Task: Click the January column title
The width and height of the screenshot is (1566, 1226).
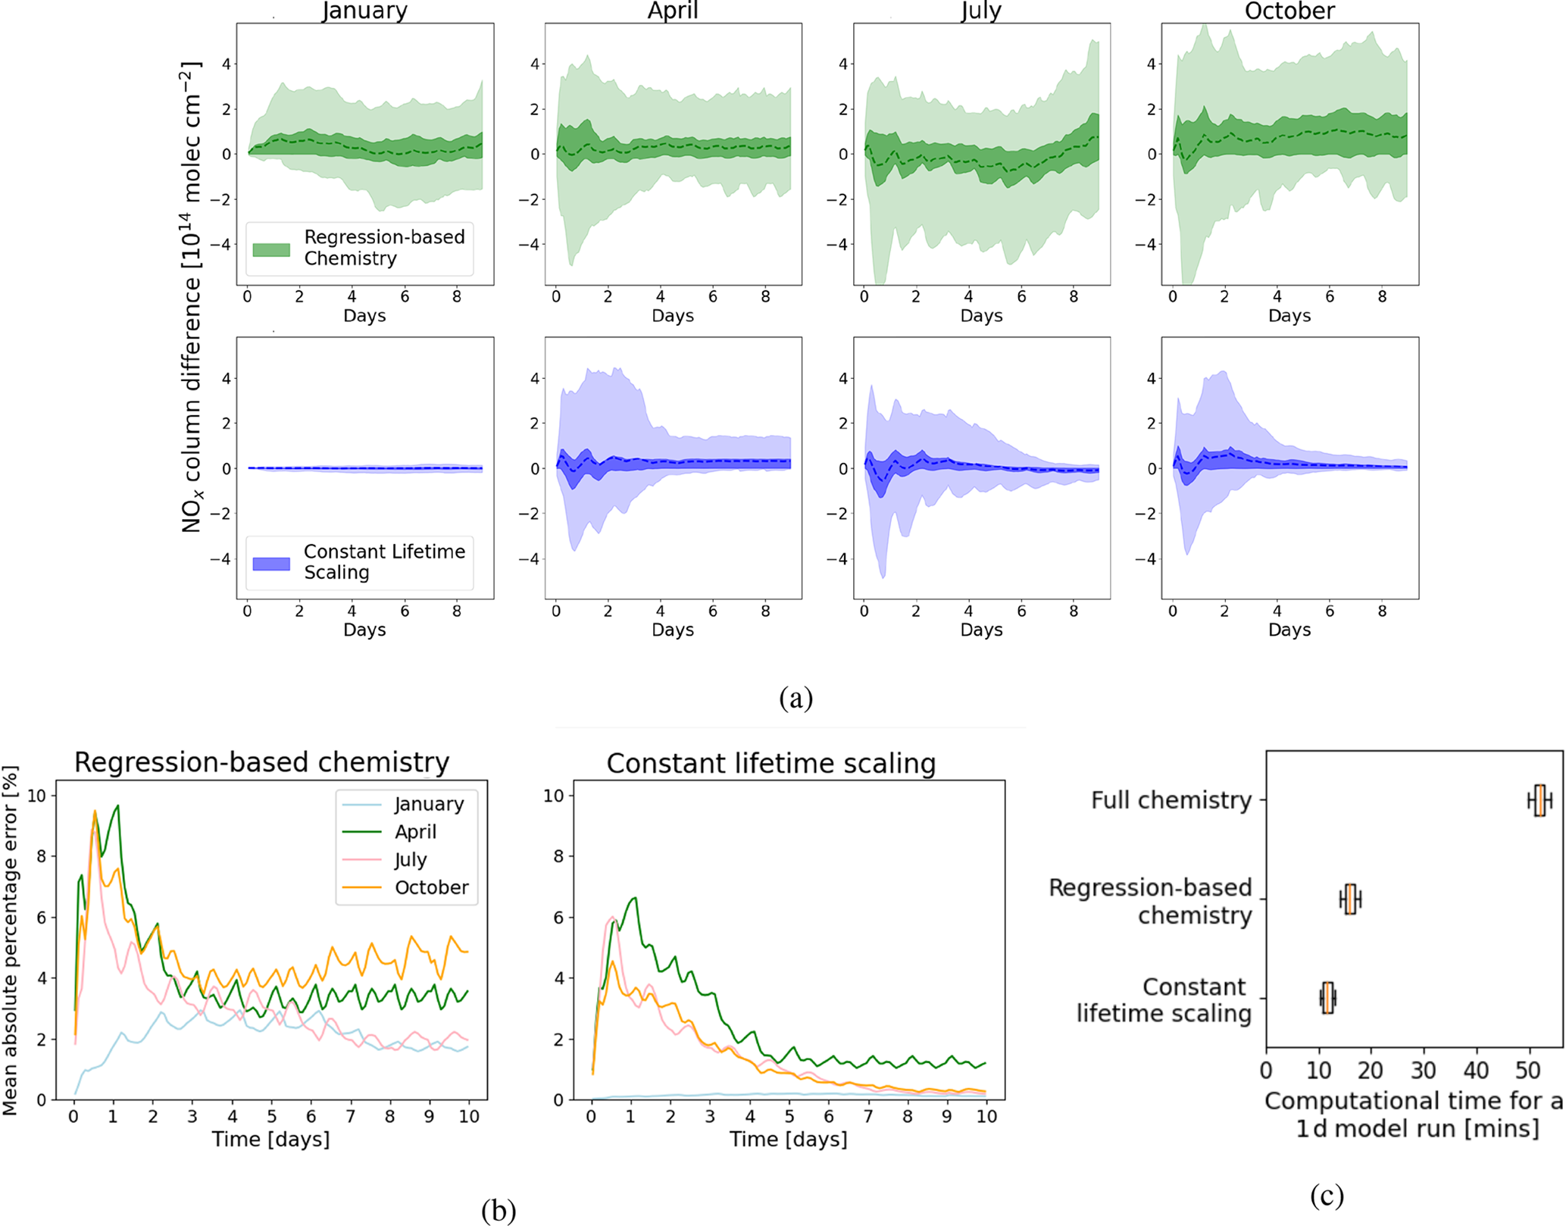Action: point(364,11)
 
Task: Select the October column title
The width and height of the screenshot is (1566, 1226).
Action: point(1289,11)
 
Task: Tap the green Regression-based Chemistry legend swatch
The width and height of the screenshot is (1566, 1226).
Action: point(271,249)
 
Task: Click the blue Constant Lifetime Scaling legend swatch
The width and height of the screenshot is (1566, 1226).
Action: point(271,564)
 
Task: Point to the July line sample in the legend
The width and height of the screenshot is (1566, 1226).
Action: point(361,859)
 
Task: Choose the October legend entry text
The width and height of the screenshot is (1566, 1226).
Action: point(431,887)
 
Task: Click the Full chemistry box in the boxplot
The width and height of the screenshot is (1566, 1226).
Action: point(1539,800)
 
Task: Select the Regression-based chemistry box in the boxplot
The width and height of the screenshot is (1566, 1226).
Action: point(1350,899)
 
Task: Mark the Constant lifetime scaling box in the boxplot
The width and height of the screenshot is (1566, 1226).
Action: point(1327,998)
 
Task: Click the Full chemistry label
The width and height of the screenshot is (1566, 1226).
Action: point(1171,800)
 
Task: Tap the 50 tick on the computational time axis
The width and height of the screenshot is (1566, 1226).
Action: point(1528,1070)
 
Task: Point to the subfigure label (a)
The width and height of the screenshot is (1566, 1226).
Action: point(796,697)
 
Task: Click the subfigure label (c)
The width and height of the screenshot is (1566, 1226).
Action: point(1327,1195)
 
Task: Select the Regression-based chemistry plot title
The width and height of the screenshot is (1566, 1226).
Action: point(261,762)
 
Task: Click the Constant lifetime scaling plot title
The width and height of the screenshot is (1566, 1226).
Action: point(771,764)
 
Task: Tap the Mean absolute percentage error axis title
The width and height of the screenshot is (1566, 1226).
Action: point(10,940)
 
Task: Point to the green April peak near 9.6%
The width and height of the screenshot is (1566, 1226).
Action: point(117,806)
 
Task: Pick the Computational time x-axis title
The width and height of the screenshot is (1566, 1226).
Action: point(1414,1114)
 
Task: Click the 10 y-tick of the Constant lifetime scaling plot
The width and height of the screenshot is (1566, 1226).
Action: point(554,796)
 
